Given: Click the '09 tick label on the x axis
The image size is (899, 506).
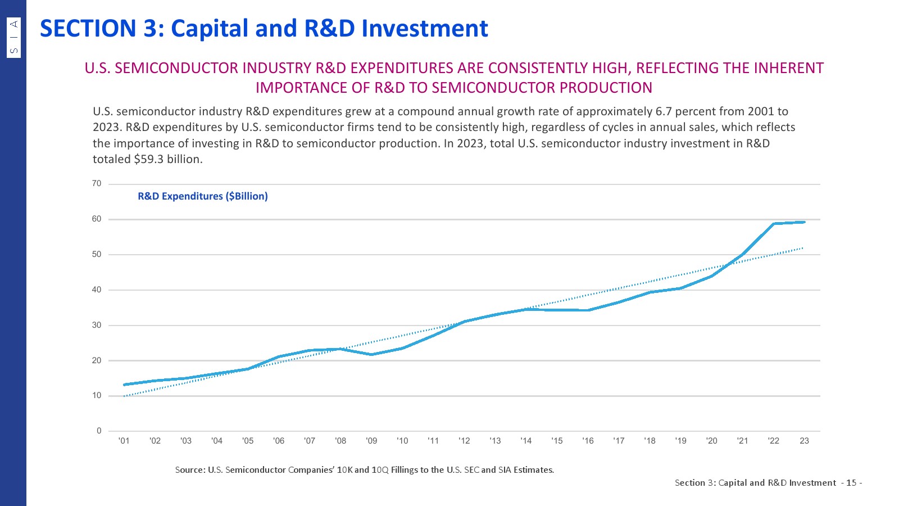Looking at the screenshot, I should coord(371,441).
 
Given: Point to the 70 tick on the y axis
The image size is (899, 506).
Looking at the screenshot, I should coord(97,184).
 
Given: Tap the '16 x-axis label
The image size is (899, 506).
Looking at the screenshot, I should coord(588,441).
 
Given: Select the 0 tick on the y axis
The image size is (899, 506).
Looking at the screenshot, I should coord(99,431).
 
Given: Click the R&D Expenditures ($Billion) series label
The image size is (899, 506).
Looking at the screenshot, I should coord(203,196).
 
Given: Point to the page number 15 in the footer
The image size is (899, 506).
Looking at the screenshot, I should coord(851,482).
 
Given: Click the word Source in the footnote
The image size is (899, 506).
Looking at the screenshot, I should coord(189,469).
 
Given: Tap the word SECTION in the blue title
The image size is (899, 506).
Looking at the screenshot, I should coord(88,29).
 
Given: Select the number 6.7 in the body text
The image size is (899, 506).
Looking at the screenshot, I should coord(664,111).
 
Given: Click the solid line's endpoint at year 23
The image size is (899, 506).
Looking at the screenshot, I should coord(804,222).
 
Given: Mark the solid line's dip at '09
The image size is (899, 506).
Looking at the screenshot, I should coord(371,354).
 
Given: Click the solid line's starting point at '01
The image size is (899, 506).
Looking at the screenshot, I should coord(124,385).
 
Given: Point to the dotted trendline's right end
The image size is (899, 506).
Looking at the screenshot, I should coord(803,248).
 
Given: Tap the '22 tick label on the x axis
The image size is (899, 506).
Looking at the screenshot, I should coord(773,441).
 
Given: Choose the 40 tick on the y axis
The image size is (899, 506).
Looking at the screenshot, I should coord(97,290).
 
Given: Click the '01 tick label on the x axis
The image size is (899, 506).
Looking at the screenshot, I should coord(124,441).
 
